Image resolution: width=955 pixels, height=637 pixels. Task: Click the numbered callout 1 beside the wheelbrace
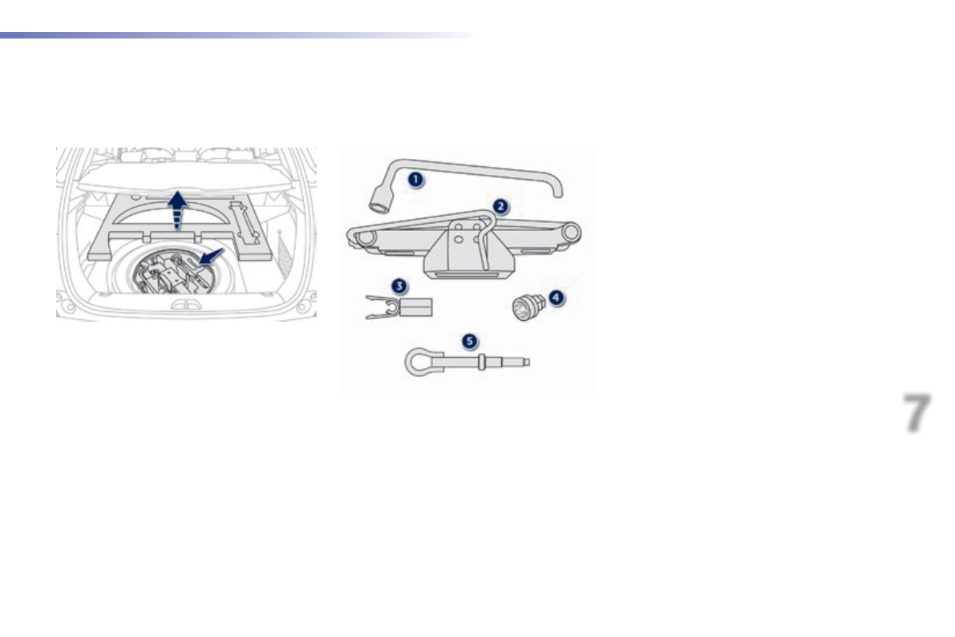pyautogui.click(x=415, y=180)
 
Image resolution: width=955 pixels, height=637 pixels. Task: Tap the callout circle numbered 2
pyautogui.click(x=500, y=205)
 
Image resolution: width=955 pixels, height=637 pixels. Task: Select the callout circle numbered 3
pyautogui.click(x=399, y=285)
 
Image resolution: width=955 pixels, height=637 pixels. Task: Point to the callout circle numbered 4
pyautogui.click(x=555, y=297)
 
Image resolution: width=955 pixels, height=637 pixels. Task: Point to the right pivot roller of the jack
pyautogui.click(x=570, y=232)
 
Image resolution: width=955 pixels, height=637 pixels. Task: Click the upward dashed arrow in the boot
pyautogui.click(x=177, y=209)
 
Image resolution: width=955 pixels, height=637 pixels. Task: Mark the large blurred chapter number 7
pyautogui.click(x=917, y=414)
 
